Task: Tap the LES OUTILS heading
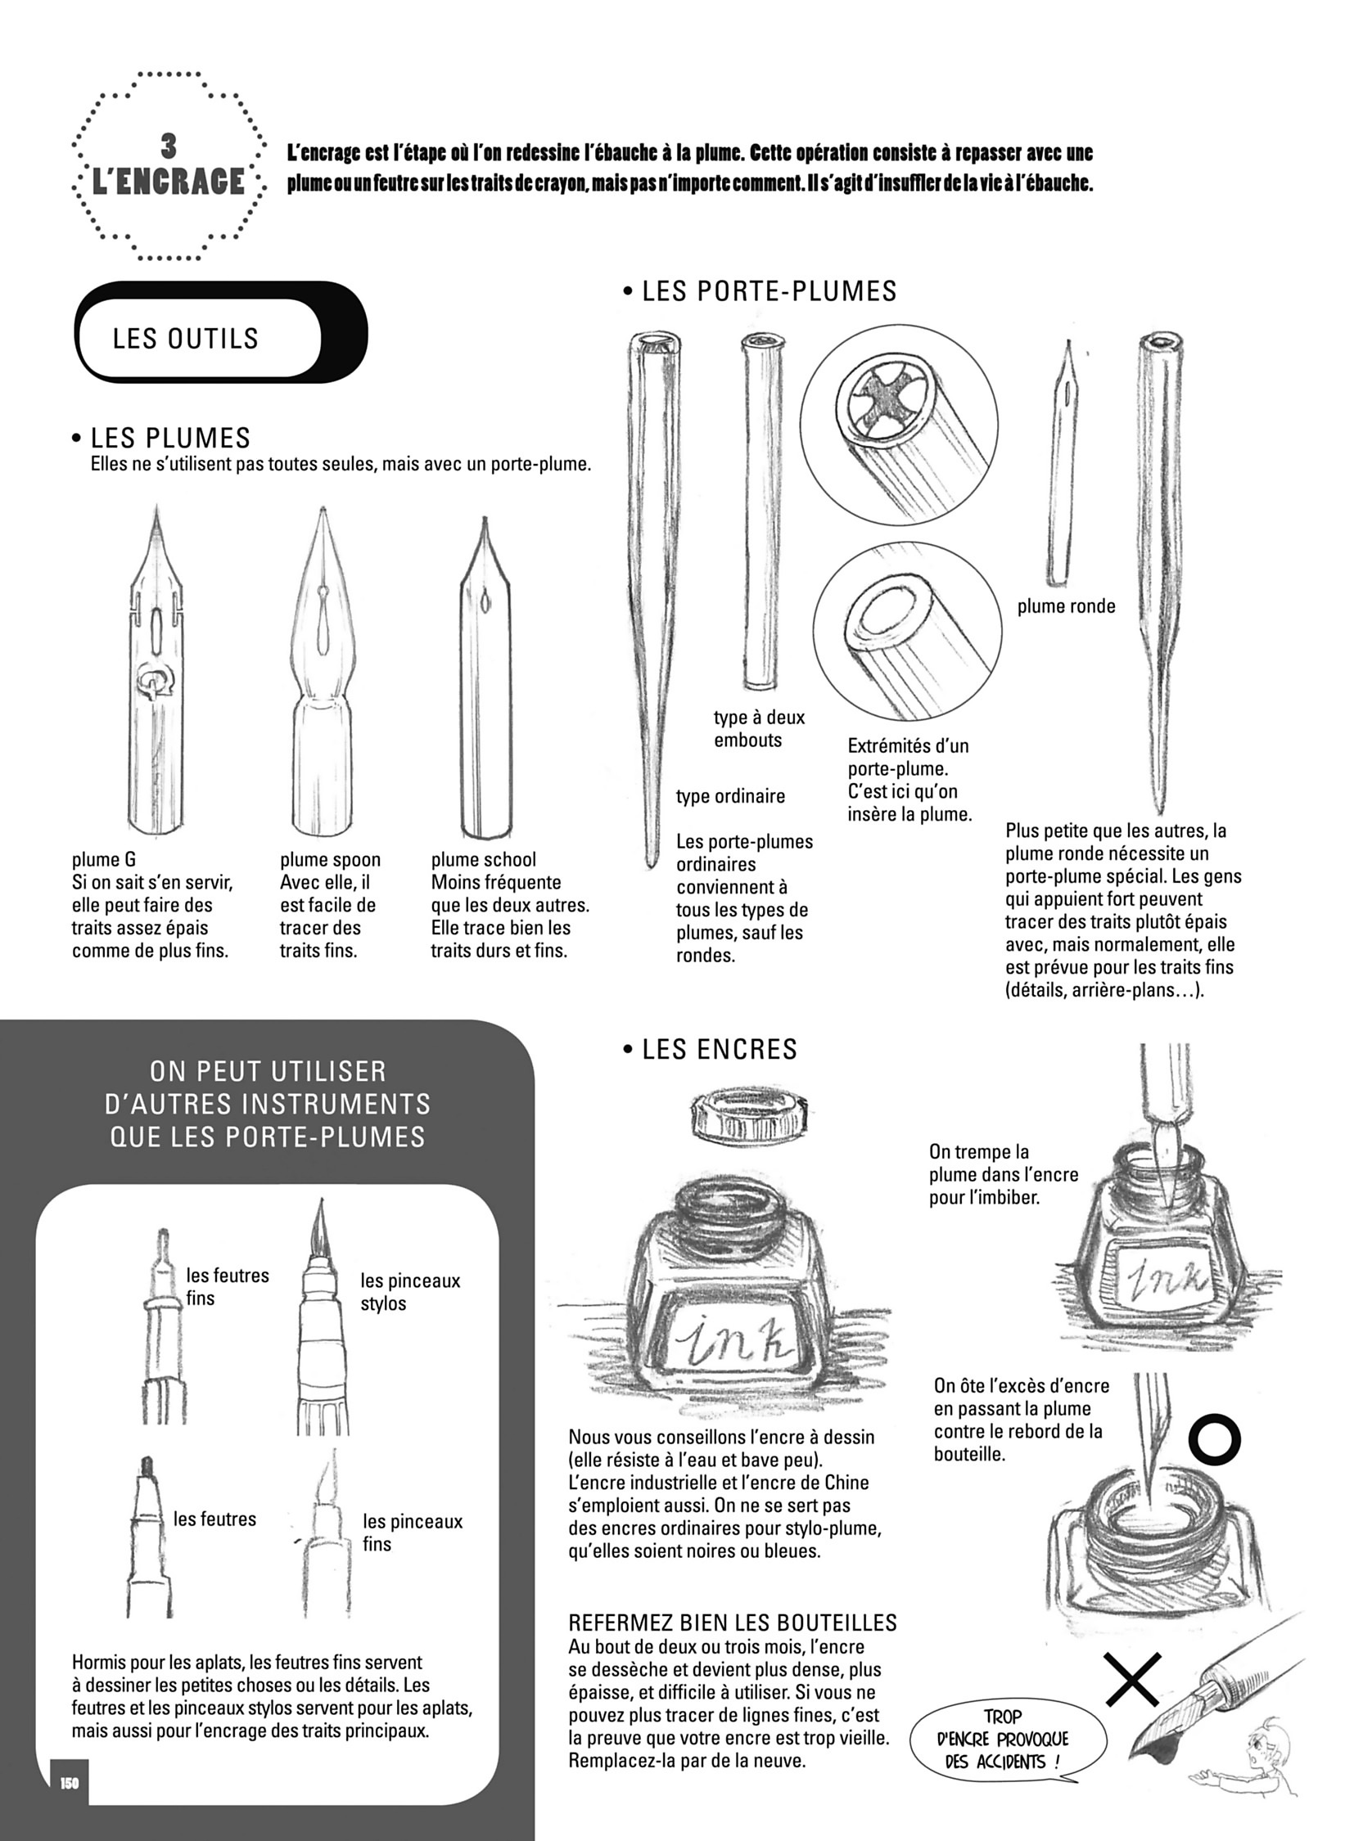(x=186, y=339)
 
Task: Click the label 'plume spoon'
(x=330, y=859)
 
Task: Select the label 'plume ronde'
(x=1067, y=606)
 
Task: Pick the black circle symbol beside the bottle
(x=1215, y=1439)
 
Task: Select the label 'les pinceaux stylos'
(x=410, y=1292)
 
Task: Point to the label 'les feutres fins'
(x=227, y=1286)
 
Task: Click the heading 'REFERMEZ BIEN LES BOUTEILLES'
(x=733, y=1623)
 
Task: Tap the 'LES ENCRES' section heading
(x=710, y=1050)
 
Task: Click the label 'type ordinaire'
(x=730, y=796)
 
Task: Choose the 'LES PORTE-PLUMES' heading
(x=760, y=290)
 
